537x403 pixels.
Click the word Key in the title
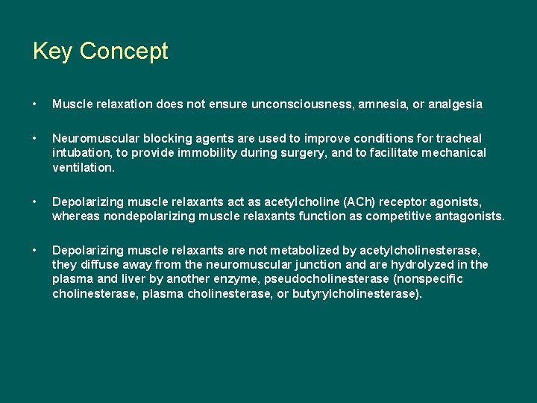(53, 51)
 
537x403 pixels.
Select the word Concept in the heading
(124, 51)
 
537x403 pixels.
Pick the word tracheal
(459, 139)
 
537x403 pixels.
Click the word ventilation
(83, 167)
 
